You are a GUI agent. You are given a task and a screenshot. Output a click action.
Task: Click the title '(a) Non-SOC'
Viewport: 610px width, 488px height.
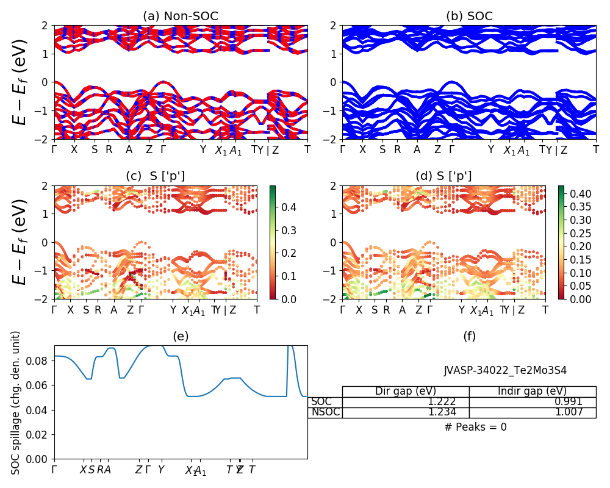181,16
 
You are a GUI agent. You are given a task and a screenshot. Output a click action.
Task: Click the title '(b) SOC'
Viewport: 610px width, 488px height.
469,16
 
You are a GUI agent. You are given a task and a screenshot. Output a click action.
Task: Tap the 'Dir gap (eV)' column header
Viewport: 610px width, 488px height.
405,391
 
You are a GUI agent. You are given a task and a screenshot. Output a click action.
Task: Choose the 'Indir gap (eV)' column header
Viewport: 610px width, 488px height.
532,391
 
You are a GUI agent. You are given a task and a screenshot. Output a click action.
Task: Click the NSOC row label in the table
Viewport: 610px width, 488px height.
325,412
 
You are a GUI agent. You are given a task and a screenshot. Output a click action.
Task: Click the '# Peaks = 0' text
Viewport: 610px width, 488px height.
475,427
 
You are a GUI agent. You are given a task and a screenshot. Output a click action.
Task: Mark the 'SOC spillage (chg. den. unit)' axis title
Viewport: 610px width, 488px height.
16,403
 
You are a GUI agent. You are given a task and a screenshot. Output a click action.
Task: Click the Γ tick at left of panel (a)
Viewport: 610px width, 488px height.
55,149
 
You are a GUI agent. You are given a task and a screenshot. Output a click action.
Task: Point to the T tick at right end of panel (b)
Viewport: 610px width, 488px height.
596,149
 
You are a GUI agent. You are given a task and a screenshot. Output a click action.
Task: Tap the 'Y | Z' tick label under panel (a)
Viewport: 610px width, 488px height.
269,149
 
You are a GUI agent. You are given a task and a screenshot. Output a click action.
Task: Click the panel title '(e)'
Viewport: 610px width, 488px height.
181,336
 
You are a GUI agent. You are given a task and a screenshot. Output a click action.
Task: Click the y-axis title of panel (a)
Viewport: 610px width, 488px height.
21,82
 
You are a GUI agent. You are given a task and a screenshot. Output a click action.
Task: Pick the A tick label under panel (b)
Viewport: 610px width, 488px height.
417,149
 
